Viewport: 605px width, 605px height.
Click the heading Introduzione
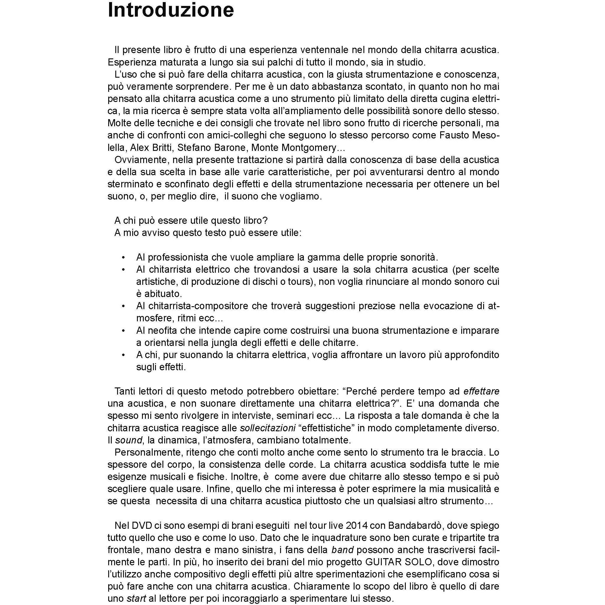171,10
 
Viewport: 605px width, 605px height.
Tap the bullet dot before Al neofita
123,331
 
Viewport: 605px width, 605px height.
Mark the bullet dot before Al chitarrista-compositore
123,306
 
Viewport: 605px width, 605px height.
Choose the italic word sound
129,440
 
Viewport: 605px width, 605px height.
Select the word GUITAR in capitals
384,562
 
